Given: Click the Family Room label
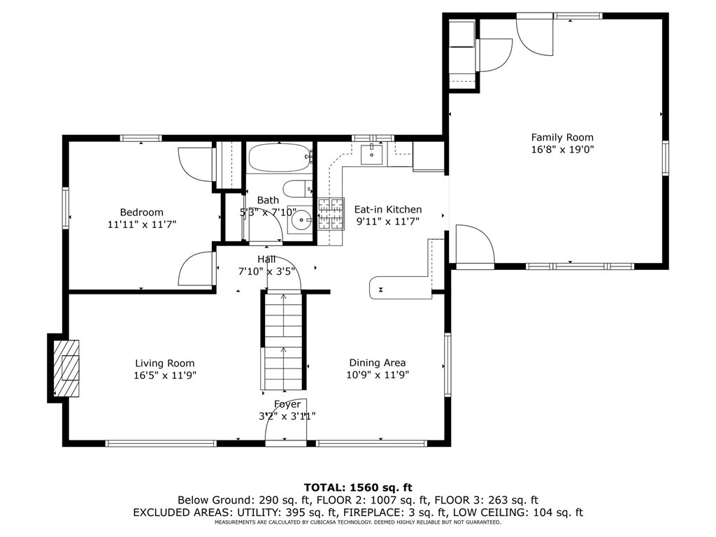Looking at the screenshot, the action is (x=562, y=137).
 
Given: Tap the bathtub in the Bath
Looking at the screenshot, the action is (x=280, y=157).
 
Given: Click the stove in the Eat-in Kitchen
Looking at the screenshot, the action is (x=331, y=214).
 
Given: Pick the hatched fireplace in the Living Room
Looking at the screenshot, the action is (x=66, y=368).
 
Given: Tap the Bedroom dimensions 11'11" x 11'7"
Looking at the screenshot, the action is (x=142, y=224).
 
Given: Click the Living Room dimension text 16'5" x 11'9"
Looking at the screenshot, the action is (x=165, y=375).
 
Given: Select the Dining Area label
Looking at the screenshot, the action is (x=377, y=363).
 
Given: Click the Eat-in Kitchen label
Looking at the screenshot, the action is (x=388, y=209).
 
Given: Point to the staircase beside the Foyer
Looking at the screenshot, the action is (x=283, y=341).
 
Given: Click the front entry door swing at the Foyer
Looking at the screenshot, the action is (x=286, y=420).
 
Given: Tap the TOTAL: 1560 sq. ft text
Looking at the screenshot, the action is (x=358, y=487).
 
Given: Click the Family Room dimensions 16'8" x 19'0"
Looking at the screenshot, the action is (x=562, y=150).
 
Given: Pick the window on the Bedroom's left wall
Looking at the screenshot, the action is (x=66, y=208).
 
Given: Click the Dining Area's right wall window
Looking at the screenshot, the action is (x=447, y=364).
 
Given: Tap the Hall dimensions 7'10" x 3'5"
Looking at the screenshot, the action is (x=266, y=271).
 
